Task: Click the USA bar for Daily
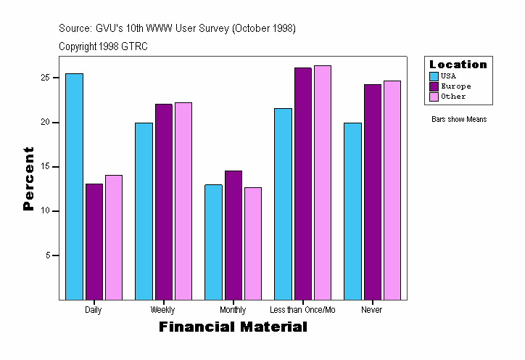click(74, 187)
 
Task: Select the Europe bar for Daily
click(94, 242)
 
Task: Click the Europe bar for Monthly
click(233, 235)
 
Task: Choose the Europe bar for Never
click(372, 192)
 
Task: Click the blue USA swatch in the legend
click(434, 76)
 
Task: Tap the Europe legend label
click(455, 86)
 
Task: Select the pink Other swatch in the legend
click(434, 97)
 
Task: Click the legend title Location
click(458, 65)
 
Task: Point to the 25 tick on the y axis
click(45, 78)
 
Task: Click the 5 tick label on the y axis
click(47, 255)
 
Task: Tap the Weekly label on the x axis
click(162, 310)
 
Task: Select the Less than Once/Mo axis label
click(302, 310)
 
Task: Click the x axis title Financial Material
click(233, 327)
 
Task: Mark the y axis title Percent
click(28, 179)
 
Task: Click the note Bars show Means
click(459, 120)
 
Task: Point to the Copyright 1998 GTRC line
click(103, 46)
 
